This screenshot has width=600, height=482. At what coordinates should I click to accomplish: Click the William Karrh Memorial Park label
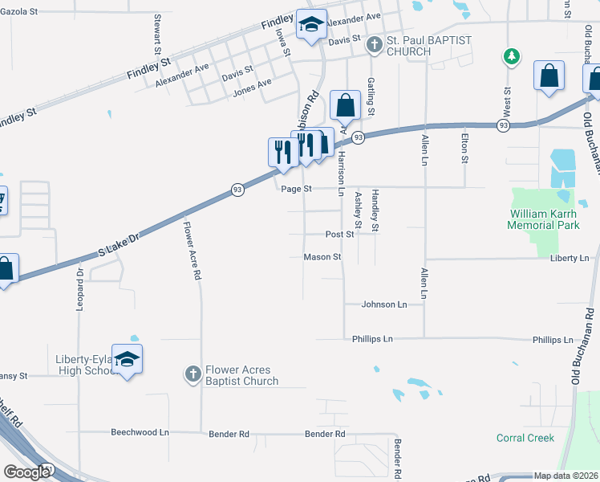pyautogui.click(x=543, y=219)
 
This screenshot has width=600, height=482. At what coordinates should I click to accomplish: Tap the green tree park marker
pyautogui.click(x=510, y=56)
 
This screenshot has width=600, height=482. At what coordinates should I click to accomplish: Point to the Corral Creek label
pyautogui.click(x=525, y=438)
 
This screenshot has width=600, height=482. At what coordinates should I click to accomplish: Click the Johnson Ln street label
pyautogui.click(x=384, y=304)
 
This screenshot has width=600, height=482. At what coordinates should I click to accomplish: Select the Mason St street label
pyautogui.click(x=322, y=258)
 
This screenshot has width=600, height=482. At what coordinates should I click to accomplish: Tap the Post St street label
pyautogui.click(x=339, y=235)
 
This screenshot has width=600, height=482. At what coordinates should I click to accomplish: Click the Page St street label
pyautogui.click(x=296, y=189)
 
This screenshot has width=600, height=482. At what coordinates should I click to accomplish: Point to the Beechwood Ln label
pyautogui.click(x=140, y=432)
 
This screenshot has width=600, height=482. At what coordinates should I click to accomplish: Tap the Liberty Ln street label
pyautogui.click(x=570, y=258)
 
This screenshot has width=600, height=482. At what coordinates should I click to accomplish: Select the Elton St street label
pyautogui.click(x=464, y=149)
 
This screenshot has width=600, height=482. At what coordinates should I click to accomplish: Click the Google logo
pyautogui.click(x=26, y=472)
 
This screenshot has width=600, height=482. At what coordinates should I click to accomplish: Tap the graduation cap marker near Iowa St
pyautogui.click(x=310, y=24)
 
